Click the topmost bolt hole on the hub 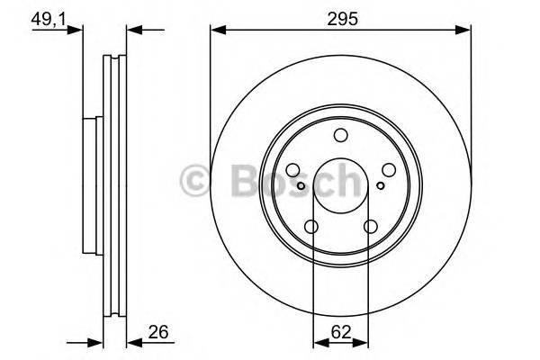pos(340,136)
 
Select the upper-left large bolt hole pos(294,169)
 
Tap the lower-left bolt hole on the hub pos(312,227)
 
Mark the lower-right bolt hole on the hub pos(370,227)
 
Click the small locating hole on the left pos(301,185)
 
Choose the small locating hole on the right pos(381,185)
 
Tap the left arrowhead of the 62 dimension pos(317,341)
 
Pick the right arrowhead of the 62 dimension pos(364,341)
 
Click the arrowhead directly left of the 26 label pos(131,341)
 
